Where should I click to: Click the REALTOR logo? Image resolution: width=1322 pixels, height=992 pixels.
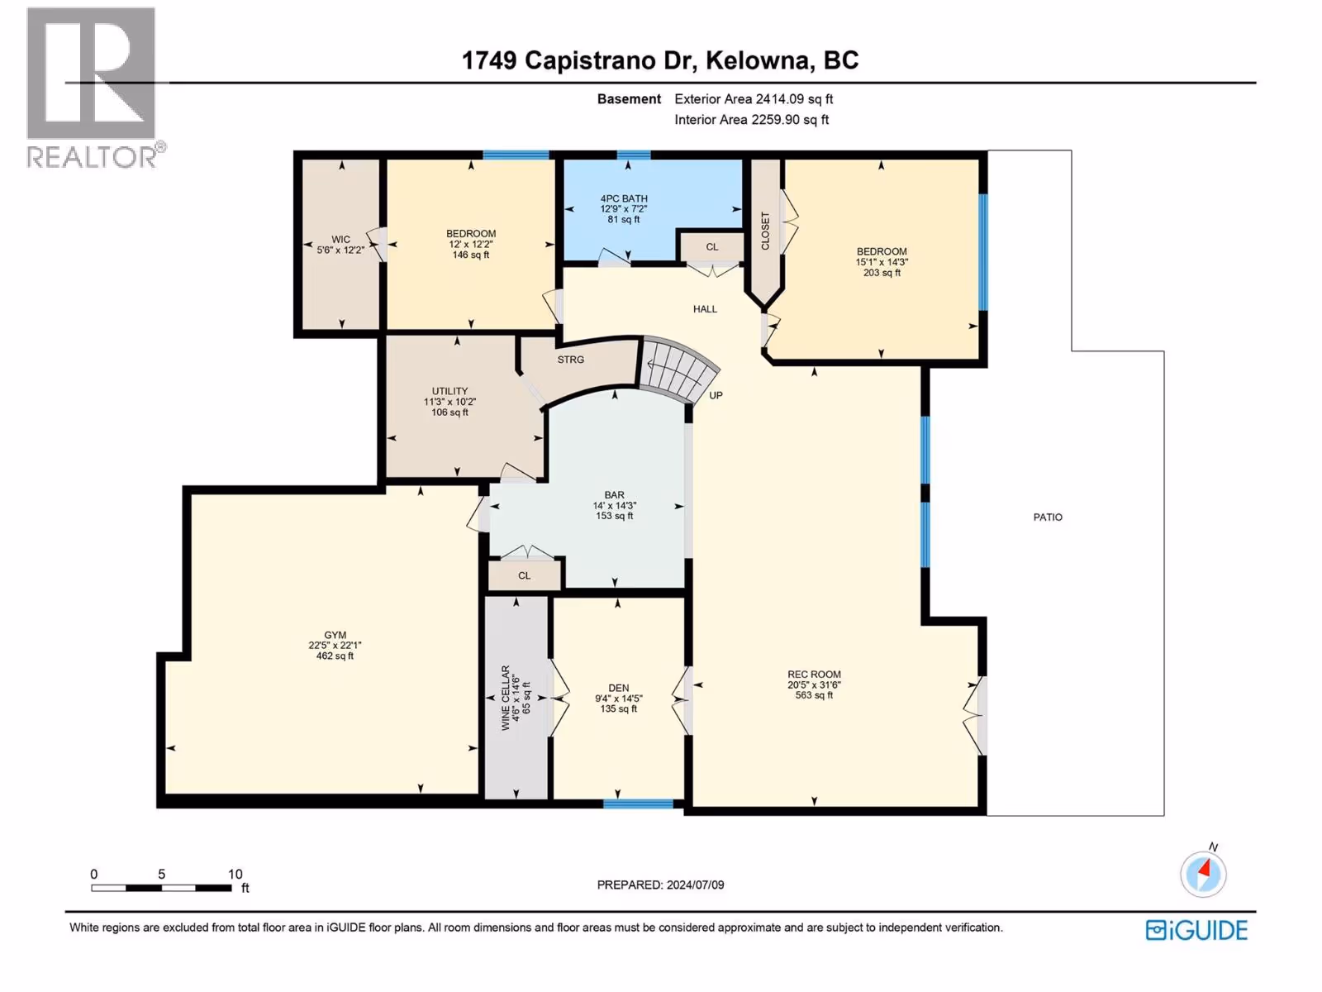(x=94, y=88)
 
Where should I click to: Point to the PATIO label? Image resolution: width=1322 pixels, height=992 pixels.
(x=1048, y=517)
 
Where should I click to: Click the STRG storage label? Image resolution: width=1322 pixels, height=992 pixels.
(x=570, y=360)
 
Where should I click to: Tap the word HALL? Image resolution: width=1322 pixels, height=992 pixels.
(x=705, y=309)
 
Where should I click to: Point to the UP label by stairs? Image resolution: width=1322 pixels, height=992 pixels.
(x=716, y=396)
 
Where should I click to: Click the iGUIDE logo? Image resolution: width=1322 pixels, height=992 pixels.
(x=1196, y=931)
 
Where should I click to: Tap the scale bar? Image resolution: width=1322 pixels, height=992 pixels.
(x=161, y=888)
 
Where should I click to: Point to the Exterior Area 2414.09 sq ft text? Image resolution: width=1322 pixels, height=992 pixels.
(x=754, y=98)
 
